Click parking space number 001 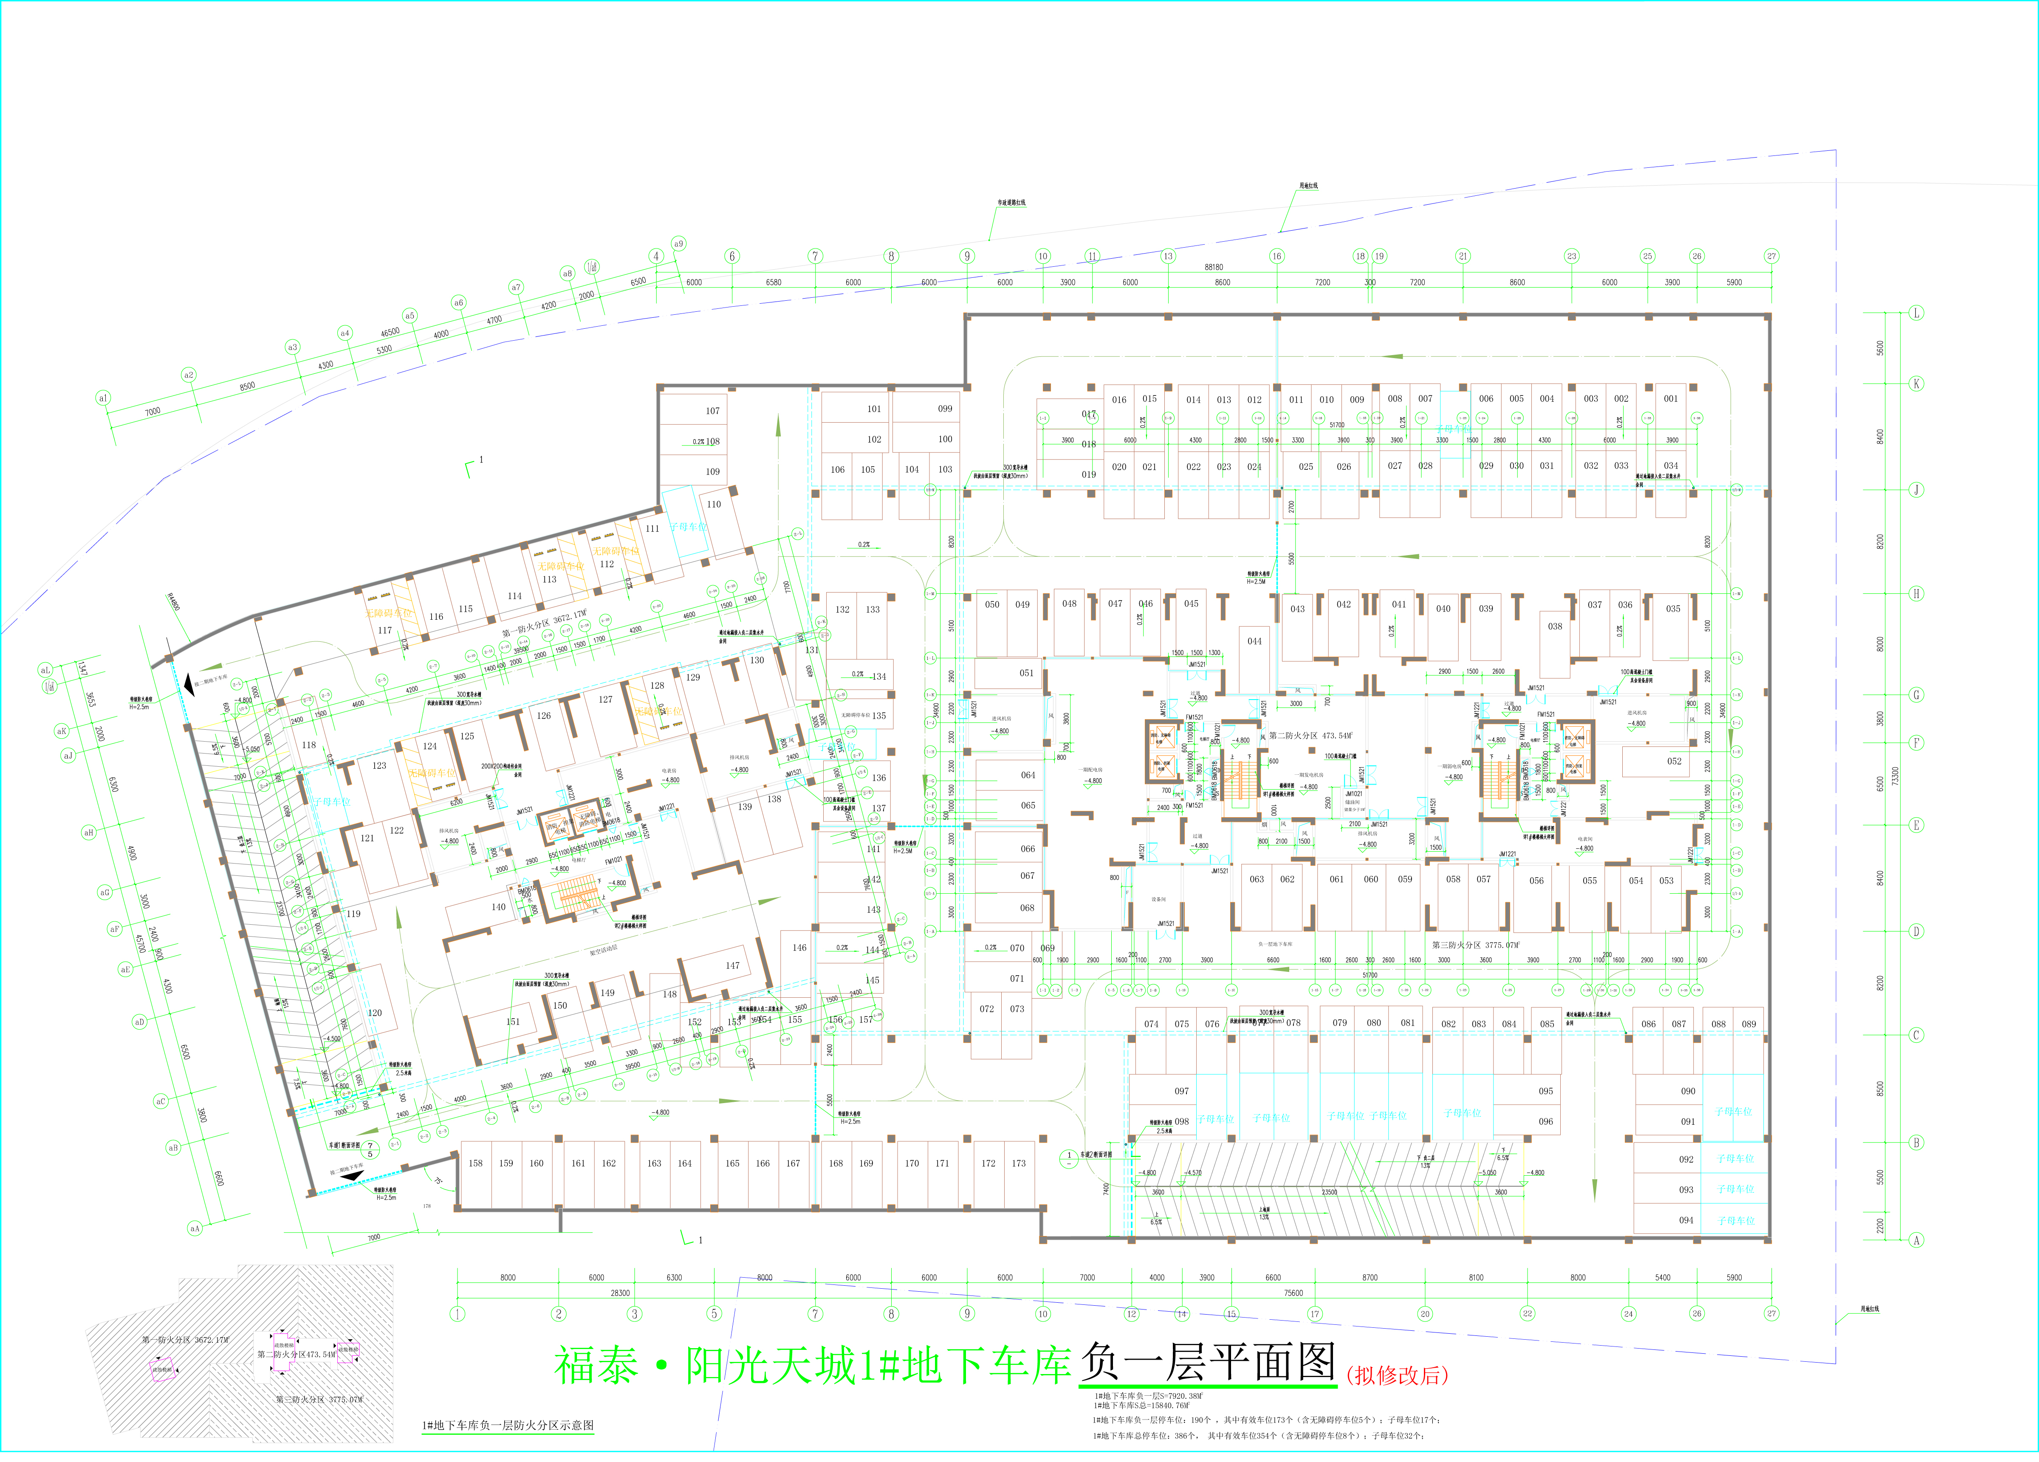pos(1670,398)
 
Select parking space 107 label pos(712,411)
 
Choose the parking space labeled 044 pos(1254,641)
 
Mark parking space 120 pos(375,1013)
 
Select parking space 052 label pos(1674,761)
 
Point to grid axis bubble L pos(1916,313)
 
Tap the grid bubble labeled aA pos(194,1228)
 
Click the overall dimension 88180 pos(1214,267)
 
